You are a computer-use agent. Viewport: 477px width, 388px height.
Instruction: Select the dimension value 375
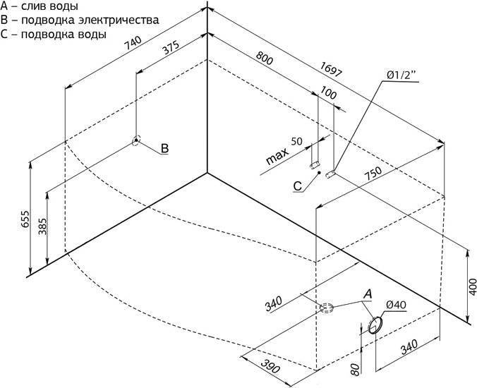pos(171,47)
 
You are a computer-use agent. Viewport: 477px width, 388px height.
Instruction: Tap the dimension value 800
pos(264,58)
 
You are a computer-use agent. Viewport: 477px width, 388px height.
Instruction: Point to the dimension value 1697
pos(331,70)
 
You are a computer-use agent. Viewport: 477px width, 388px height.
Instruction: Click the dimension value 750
pos(373,174)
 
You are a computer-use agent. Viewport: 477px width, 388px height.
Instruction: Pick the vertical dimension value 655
pos(25,219)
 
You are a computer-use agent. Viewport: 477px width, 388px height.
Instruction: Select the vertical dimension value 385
pos(43,226)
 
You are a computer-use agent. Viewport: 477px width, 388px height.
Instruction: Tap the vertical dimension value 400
pos(473,286)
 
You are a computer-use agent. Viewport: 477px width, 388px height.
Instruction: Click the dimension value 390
pos(270,366)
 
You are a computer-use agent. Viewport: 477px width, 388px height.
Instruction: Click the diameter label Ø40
pos(396,304)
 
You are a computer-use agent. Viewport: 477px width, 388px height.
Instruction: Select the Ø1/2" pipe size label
pos(399,75)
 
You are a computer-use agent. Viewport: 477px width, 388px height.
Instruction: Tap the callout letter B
pos(164,148)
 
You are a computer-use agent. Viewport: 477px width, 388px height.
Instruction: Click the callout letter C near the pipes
pos(298,186)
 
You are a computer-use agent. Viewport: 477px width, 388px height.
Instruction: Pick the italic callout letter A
pos(368,294)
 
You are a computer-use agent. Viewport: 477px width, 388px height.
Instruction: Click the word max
pos(277,157)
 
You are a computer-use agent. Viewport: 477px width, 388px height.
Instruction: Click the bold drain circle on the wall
pos(375,325)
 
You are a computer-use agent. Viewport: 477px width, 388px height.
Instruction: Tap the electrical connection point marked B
pos(136,140)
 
